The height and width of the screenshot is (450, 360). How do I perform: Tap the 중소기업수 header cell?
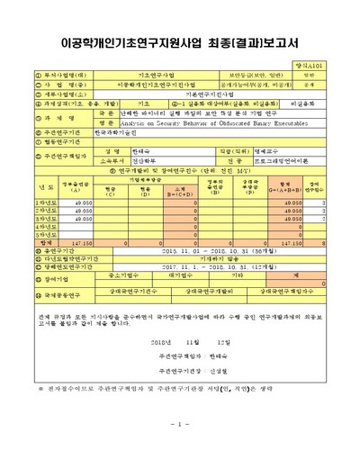pyautogui.click(x=109, y=276)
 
